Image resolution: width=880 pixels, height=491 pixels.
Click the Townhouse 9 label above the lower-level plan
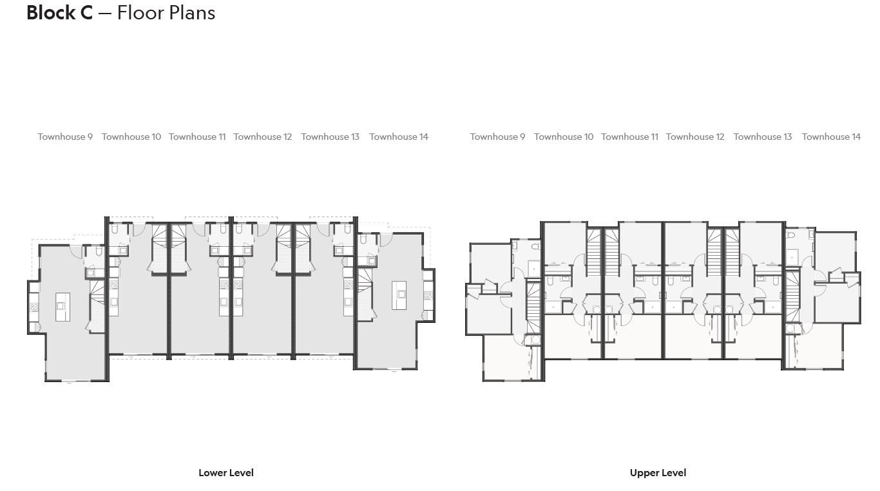(65, 137)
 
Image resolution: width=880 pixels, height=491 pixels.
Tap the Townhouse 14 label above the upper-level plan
(831, 137)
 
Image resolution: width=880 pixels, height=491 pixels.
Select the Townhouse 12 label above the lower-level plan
(262, 137)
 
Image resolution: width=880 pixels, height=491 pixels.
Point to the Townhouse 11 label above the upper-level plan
(629, 137)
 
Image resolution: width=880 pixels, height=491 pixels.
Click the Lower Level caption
(226, 472)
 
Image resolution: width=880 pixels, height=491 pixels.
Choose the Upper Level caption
(658, 472)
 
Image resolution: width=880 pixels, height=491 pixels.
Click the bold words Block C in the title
(59, 12)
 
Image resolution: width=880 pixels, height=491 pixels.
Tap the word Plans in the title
(191, 12)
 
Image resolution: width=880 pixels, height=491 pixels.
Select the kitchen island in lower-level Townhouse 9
(62, 307)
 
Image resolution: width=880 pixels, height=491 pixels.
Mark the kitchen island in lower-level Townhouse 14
(399, 294)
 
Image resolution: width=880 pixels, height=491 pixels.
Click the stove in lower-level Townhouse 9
(34, 307)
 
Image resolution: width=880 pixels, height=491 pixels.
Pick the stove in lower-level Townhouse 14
(428, 296)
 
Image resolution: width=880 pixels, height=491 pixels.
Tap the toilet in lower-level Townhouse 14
(364, 240)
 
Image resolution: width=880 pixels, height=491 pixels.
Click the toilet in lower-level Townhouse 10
(115, 229)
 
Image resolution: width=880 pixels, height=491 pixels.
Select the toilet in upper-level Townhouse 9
(535, 246)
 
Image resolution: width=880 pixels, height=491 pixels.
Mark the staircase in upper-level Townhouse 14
(792, 296)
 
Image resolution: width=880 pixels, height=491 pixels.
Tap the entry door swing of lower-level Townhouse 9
(77, 252)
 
